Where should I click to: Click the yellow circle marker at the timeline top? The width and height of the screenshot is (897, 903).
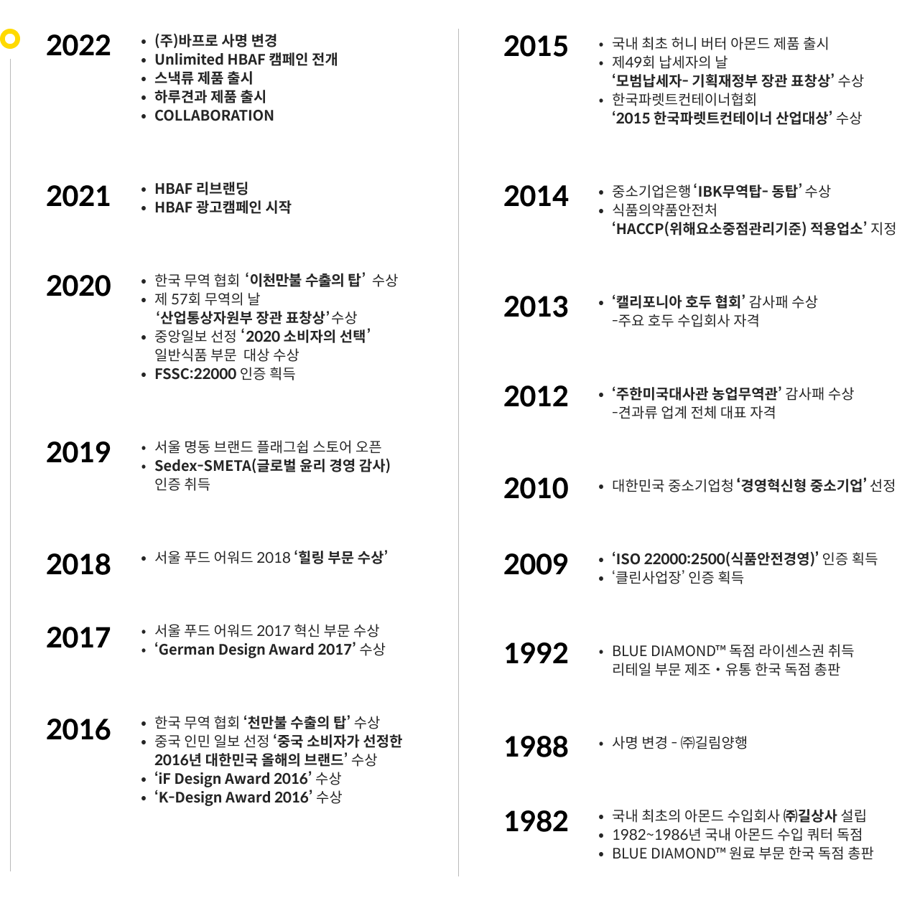[x=10, y=39]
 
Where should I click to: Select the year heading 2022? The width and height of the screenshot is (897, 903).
[x=78, y=45]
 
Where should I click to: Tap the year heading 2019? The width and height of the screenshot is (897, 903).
[x=78, y=452]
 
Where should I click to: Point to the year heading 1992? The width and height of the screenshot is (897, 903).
[x=536, y=653]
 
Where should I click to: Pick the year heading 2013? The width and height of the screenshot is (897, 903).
[x=536, y=307]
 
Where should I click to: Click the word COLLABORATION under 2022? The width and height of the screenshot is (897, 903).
[x=214, y=116]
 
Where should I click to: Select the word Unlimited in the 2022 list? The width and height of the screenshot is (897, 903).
[x=189, y=60]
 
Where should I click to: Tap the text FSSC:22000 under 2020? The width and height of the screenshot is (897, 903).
[x=195, y=374]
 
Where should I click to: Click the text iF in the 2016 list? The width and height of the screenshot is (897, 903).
[x=164, y=779]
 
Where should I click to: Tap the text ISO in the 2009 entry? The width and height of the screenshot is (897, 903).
[x=628, y=559]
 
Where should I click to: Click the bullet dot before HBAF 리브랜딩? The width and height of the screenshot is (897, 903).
[x=144, y=190]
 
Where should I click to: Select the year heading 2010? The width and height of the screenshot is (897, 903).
[x=536, y=488]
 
